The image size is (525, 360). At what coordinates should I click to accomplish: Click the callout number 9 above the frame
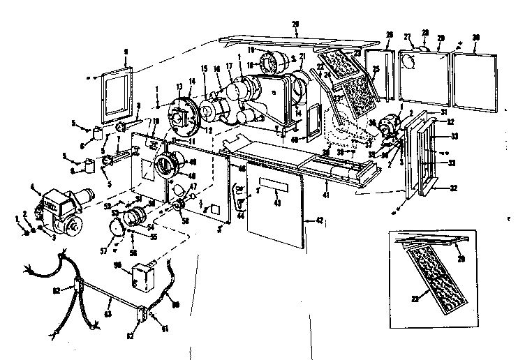126,51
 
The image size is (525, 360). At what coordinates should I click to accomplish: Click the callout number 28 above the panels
424,33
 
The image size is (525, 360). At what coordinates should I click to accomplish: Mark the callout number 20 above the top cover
295,24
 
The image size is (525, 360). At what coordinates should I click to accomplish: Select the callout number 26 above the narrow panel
390,34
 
